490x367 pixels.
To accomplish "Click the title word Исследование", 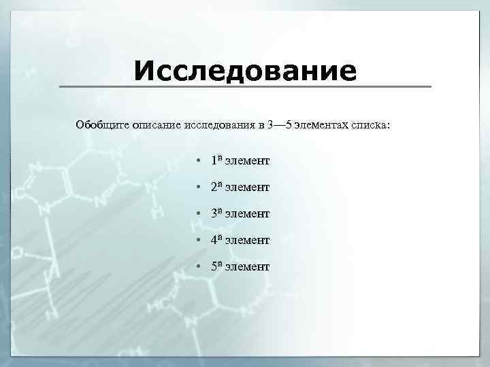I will [245, 70].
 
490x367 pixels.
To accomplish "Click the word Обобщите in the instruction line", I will [103, 125].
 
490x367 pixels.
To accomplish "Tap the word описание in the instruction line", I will [157, 125].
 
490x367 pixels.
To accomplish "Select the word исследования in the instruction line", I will [219, 125].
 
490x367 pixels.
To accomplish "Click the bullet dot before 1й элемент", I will [196, 161].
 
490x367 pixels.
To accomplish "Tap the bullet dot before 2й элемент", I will [196, 187].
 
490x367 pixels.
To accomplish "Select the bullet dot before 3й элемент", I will [196, 214].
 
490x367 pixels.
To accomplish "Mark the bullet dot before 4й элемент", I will [196, 240].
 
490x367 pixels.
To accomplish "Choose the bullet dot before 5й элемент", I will [196, 267].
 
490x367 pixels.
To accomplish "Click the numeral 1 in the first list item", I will [213, 162].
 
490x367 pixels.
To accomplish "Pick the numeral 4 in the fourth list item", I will [213, 241].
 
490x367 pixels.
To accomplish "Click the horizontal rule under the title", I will [245, 87].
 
